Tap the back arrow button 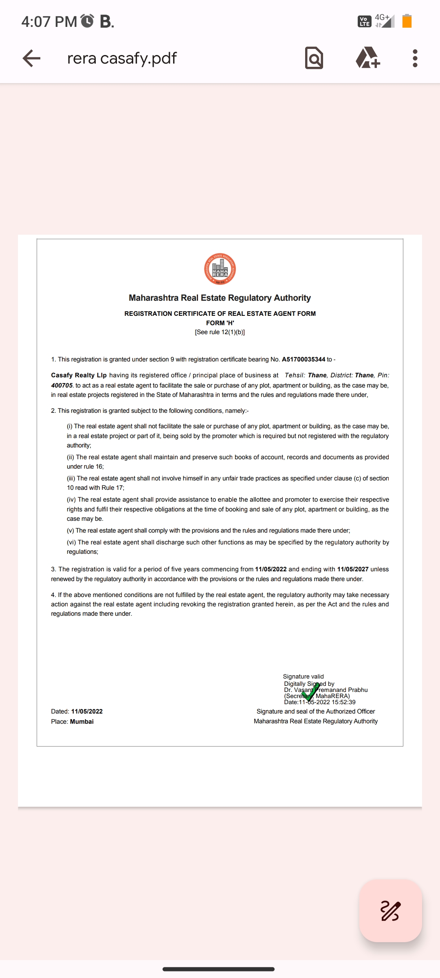pyautogui.click(x=31, y=58)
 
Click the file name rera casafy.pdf pyautogui.click(x=122, y=58)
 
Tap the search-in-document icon pyautogui.click(x=314, y=58)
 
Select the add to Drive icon pyautogui.click(x=368, y=57)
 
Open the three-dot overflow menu pyautogui.click(x=415, y=58)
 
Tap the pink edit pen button pyautogui.click(x=390, y=911)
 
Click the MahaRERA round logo pyautogui.click(x=220, y=269)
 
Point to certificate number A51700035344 pyautogui.click(x=304, y=359)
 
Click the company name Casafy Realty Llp pyautogui.click(x=79, y=375)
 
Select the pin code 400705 pyautogui.click(x=62, y=385)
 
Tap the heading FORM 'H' pyautogui.click(x=220, y=323)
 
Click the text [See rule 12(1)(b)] pyautogui.click(x=220, y=332)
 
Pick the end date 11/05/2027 pyautogui.click(x=353, y=569)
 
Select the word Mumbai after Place pyautogui.click(x=82, y=722)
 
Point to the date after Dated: pyautogui.click(x=87, y=711)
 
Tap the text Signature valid pyautogui.click(x=304, y=676)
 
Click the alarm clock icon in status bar pyautogui.click(x=87, y=21)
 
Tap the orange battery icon pyautogui.click(x=407, y=21)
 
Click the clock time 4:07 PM pyautogui.click(x=49, y=22)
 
